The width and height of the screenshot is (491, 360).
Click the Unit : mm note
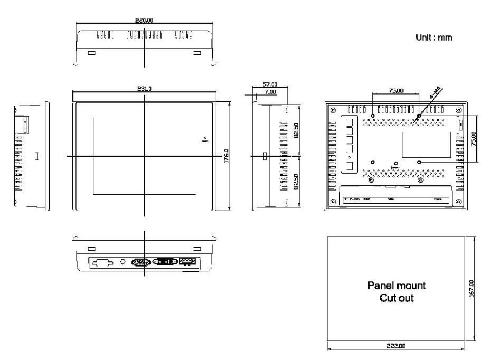click(x=434, y=37)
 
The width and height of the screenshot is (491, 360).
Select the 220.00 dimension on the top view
click(x=144, y=21)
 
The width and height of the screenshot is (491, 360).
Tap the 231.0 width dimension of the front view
click(x=144, y=89)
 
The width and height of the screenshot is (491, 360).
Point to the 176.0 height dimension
click(x=225, y=156)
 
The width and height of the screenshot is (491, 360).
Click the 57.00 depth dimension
click(x=269, y=84)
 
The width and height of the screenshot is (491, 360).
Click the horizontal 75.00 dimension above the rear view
click(x=396, y=91)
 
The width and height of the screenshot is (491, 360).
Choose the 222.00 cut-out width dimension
click(x=396, y=346)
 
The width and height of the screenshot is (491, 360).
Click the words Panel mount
click(x=396, y=286)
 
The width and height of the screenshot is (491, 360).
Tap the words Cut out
click(x=396, y=298)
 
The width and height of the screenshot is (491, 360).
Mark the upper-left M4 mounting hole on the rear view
click(x=373, y=116)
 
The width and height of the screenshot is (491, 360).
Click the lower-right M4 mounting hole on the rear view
click(x=419, y=162)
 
